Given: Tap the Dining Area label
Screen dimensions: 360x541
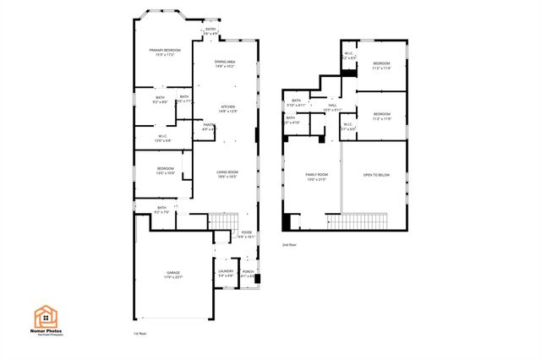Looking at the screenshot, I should tap(225, 63).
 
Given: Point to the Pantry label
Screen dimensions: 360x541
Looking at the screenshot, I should tap(208, 127).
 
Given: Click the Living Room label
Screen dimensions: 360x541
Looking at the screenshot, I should tap(226, 174).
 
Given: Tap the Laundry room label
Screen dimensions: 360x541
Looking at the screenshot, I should tap(226, 273).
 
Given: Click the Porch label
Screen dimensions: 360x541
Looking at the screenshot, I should tap(248, 273).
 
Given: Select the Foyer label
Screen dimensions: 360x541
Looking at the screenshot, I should tap(246, 234).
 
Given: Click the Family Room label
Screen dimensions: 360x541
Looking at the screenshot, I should tap(316, 177).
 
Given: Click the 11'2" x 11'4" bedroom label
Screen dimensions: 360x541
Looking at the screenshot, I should tap(382, 66).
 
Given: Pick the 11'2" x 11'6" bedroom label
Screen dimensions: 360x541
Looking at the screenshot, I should tap(382, 115).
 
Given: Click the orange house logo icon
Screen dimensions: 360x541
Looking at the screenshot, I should tap(45, 316).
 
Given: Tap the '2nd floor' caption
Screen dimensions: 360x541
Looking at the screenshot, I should tap(290, 244).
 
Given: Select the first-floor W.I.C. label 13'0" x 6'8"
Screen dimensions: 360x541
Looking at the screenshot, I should tap(165, 138).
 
